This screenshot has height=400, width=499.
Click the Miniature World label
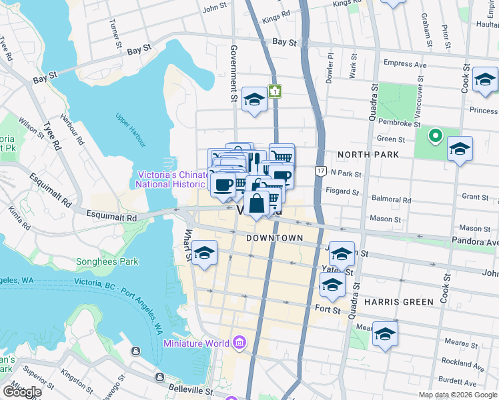click(x=195, y=344)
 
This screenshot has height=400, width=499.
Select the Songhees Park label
click(x=107, y=262)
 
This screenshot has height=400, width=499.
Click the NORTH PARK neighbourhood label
click(x=368, y=155)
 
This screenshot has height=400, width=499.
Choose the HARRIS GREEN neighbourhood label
click(x=398, y=301)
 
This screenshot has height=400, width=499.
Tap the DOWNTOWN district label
click(x=274, y=238)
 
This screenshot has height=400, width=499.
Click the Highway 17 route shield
click(x=321, y=171)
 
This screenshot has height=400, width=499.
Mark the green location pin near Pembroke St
click(x=435, y=137)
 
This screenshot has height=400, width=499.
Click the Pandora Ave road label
click(x=478, y=243)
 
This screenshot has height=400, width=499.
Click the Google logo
click(x=22, y=392)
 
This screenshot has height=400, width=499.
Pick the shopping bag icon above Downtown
click(x=257, y=203)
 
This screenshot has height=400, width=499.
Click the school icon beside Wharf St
click(x=205, y=253)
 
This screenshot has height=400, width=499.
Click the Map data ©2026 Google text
click(x=457, y=395)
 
